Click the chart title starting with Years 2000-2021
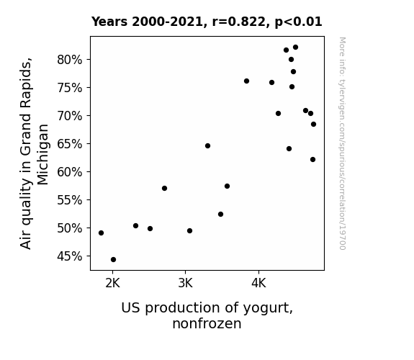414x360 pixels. pos(207,22)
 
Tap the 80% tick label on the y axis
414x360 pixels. pos(69,60)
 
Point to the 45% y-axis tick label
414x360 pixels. pos(69,256)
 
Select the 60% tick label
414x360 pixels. pos(69,172)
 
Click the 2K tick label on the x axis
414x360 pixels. pos(113,284)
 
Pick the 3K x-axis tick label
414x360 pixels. pos(185,284)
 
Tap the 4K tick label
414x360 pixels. pos(258,284)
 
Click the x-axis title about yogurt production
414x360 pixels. pos(207,315)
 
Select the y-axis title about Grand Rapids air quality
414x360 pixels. pos(34,153)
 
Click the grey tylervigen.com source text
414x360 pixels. pos(342,143)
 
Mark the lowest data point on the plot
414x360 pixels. pos(113,260)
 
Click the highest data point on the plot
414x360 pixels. pos(295,48)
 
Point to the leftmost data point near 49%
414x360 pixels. pos(101,233)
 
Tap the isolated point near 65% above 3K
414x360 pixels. pos(207,145)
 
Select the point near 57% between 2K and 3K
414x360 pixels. pos(164,189)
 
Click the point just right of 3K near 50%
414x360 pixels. pos(189,231)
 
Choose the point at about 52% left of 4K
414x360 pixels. pos(221,215)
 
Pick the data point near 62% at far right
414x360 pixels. pos(313,160)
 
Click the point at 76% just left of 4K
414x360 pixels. pos(247,81)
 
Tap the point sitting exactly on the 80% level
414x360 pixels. pos(291,60)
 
